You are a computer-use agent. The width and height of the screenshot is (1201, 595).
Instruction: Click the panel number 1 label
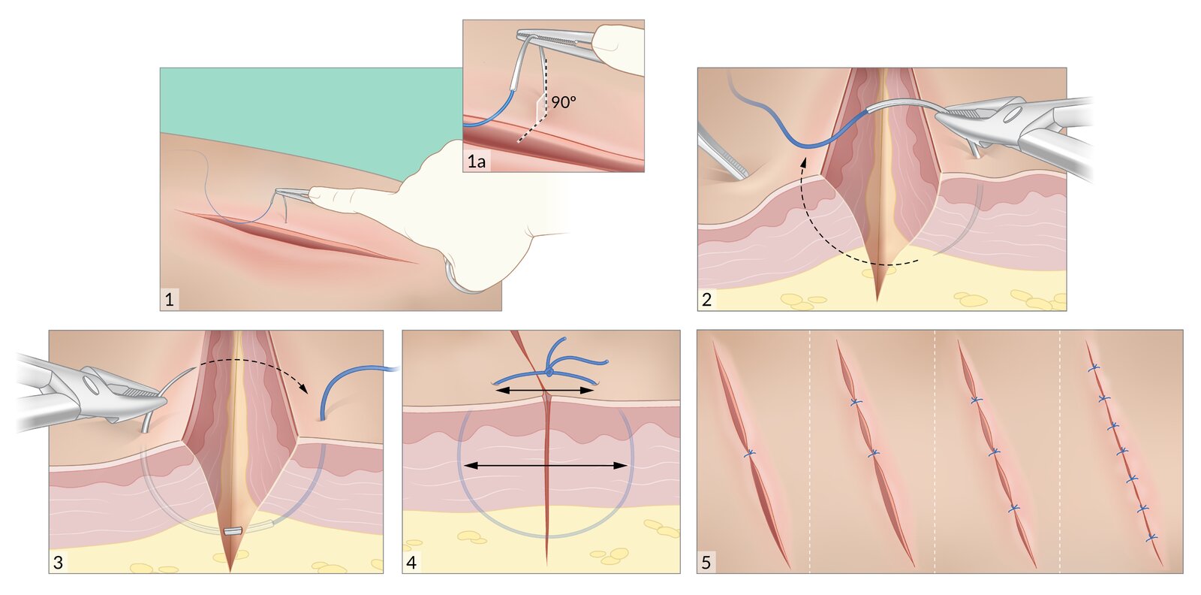(170, 300)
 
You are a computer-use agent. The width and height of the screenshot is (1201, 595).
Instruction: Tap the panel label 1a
(477, 161)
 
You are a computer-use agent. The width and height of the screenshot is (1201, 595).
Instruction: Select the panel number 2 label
(706, 300)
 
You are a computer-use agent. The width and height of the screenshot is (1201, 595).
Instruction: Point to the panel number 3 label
(59, 562)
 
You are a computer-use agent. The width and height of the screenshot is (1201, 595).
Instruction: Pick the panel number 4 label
(411, 562)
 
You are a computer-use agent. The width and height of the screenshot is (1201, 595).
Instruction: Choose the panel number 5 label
(706, 562)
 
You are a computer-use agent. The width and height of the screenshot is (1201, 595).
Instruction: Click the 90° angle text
(564, 102)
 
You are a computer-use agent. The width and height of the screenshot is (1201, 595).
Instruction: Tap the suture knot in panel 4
(549, 371)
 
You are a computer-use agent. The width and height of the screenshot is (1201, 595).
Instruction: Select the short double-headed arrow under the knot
(544, 391)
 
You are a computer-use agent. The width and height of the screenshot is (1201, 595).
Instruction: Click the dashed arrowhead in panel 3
(304, 389)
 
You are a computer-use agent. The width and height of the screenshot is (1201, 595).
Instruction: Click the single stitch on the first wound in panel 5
(749, 454)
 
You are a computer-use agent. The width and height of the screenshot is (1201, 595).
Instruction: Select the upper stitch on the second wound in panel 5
(855, 403)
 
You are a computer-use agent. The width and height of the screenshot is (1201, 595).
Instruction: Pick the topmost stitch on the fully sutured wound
(1094, 367)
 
